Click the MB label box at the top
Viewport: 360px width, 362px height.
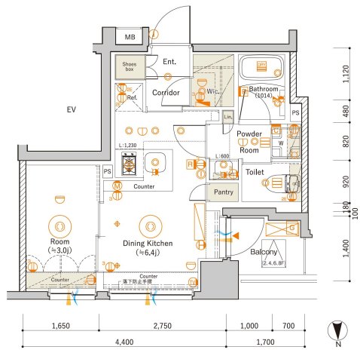(130, 37)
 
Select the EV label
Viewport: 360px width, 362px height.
(72, 110)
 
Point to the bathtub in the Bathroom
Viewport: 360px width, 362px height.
(261, 68)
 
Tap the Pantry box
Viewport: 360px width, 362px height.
(222, 192)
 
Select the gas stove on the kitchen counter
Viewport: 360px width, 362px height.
(129, 163)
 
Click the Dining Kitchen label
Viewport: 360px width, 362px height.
(149, 244)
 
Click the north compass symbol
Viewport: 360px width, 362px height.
(337, 330)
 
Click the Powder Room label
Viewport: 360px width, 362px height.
(249, 141)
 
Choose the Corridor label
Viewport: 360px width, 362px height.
(165, 93)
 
